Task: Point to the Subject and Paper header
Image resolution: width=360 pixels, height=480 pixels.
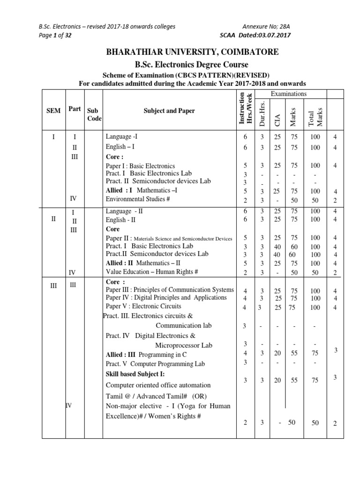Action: (x=169, y=111)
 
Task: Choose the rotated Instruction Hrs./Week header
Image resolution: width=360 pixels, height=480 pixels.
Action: (x=245, y=108)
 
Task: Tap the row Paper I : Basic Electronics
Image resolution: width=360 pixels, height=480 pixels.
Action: (x=141, y=166)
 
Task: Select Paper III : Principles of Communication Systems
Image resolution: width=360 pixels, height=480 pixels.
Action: (x=170, y=289)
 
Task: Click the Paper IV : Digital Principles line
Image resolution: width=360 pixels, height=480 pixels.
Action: (x=166, y=298)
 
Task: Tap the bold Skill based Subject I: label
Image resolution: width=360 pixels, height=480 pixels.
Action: (x=135, y=374)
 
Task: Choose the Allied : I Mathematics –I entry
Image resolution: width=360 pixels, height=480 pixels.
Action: (x=142, y=191)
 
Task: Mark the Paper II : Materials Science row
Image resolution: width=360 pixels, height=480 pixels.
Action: (x=169, y=239)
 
